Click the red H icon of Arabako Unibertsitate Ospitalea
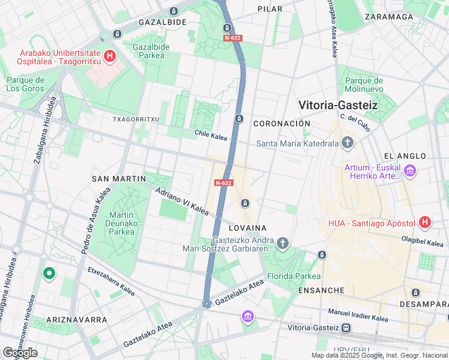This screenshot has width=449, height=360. [109, 57]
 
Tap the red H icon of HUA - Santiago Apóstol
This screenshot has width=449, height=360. [425, 223]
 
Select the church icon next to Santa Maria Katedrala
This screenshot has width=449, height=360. [347, 143]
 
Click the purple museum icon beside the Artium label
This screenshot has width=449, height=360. [411, 173]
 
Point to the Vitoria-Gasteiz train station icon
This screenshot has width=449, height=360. [346, 328]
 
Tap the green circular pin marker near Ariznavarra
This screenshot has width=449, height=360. [49, 274]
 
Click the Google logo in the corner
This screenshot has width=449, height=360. [20, 352]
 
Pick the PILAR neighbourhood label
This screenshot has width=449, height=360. [270, 9]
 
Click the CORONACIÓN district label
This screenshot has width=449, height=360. [282, 124]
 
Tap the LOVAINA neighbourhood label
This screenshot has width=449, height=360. [247, 228]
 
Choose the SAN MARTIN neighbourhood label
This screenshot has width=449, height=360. [119, 179]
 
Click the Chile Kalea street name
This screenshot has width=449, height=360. [211, 136]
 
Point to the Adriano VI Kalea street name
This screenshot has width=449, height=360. [181, 202]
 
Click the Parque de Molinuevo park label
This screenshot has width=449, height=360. [364, 85]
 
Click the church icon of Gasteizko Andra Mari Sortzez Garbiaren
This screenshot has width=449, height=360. [283, 243]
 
